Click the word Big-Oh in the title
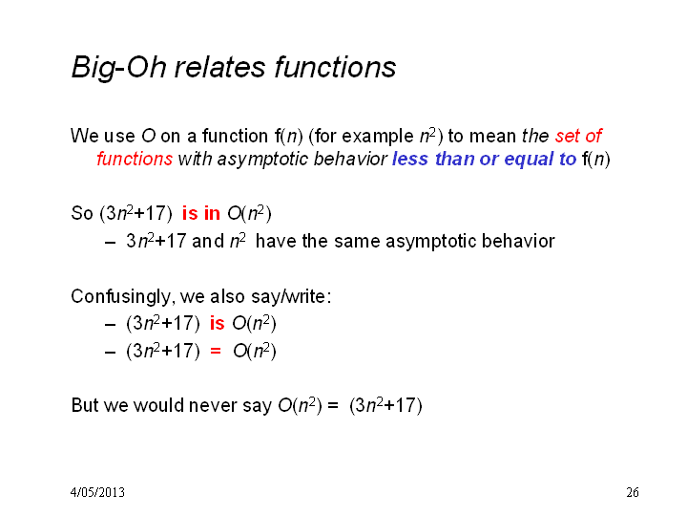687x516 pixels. point(118,68)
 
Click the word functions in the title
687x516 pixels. point(335,67)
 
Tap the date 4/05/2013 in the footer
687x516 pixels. point(97,492)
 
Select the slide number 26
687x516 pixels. point(633,492)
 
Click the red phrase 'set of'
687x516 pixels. point(579,136)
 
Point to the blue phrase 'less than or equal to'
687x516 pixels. point(484,159)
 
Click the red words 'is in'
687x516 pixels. point(201,213)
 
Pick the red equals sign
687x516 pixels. point(216,351)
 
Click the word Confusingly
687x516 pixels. point(120,297)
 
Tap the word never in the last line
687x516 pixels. point(213,405)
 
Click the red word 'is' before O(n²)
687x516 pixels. point(218,323)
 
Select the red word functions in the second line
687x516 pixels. point(135,159)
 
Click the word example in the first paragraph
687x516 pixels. point(378,137)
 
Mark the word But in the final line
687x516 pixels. point(85,405)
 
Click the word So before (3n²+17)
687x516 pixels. point(82,214)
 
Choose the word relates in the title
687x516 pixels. point(220,67)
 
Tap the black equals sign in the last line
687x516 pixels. point(333,405)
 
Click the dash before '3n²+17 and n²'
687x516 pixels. point(111,242)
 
